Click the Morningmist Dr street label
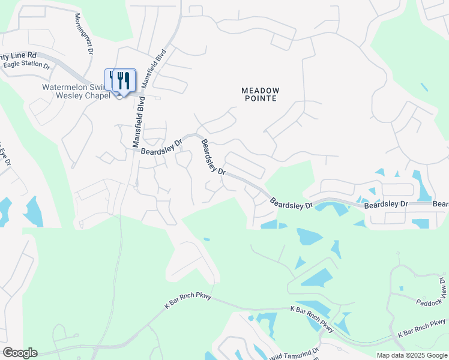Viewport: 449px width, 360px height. tap(84, 34)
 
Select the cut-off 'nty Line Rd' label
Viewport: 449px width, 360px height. tap(18, 55)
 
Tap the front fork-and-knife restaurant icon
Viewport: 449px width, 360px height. tap(124, 80)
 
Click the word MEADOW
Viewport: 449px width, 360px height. tap(261, 90)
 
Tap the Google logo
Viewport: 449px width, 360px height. tap(19, 353)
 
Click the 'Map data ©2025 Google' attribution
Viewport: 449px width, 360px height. tap(411, 355)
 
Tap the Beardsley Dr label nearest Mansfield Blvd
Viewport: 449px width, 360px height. tap(161, 147)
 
